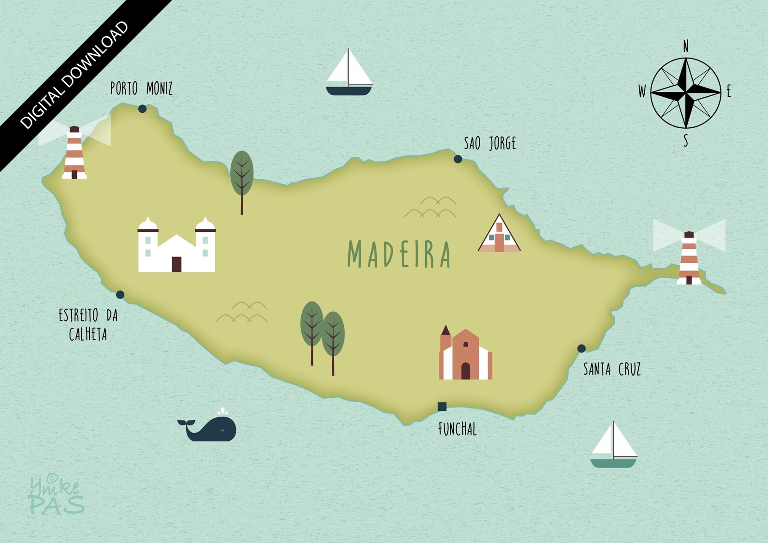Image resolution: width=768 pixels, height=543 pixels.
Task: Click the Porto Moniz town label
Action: (141, 89)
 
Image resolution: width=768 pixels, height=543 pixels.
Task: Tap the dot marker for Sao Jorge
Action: (458, 159)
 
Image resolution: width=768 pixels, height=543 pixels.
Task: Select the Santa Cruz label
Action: (612, 370)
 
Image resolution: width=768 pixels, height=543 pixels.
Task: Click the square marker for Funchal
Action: (442, 407)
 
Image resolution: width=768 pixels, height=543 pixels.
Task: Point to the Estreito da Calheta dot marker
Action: (120, 295)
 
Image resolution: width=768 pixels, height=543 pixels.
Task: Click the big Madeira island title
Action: (399, 254)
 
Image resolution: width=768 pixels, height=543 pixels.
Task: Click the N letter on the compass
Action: (685, 46)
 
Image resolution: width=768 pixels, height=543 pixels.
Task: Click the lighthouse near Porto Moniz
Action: (74, 153)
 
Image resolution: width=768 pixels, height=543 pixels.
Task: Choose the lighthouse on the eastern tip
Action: (689, 258)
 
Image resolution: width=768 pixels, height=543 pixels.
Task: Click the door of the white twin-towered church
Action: (177, 264)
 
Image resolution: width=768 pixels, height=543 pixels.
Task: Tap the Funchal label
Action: (457, 429)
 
